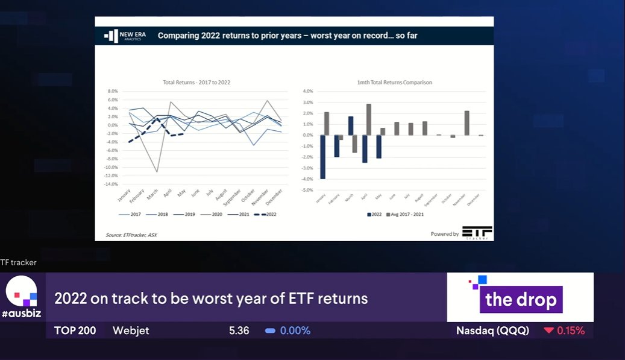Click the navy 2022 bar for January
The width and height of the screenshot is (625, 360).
[322, 157]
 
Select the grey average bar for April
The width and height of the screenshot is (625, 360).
[368, 119]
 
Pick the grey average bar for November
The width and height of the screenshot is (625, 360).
[466, 123]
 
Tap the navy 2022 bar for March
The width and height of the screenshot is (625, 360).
[351, 126]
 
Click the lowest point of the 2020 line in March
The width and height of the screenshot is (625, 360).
[157, 172]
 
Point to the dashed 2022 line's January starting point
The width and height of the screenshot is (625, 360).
[130, 142]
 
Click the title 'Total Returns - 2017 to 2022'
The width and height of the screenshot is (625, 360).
[196, 82]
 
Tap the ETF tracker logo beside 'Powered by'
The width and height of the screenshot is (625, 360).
[477, 233]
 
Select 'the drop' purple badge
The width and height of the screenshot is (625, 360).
[521, 300]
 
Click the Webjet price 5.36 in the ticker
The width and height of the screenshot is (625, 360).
[239, 330]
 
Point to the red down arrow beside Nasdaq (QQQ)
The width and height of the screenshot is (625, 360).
[548, 330]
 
